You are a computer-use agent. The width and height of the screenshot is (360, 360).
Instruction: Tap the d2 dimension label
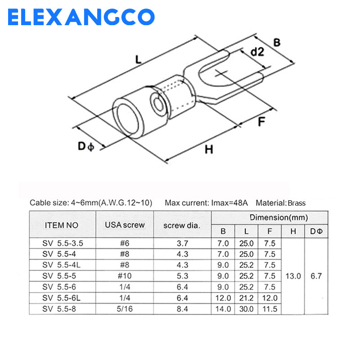(x=257, y=52)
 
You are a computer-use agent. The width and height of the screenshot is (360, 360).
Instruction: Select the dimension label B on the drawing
(x=277, y=43)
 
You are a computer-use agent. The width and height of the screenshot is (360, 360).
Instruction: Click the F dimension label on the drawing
(x=261, y=122)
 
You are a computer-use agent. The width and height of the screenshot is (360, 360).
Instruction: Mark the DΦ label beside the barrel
(x=85, y=146)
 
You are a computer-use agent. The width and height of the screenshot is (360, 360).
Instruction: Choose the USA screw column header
(x=125, y=224)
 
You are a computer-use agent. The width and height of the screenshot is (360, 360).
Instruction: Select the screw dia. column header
(x=182, y=224)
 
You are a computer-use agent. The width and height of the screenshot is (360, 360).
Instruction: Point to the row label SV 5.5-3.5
(x=63, y=243)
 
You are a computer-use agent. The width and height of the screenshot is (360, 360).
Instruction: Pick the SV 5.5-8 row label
(x=59, y=309)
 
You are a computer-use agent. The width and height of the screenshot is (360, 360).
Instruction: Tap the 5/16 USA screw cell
(x=125, y=309)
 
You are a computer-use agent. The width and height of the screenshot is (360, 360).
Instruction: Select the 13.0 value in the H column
(x=292, y=276)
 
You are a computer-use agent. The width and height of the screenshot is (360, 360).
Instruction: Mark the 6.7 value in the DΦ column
(x=316, y=276)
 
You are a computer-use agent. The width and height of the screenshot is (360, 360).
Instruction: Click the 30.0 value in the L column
(x=246, y=309)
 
